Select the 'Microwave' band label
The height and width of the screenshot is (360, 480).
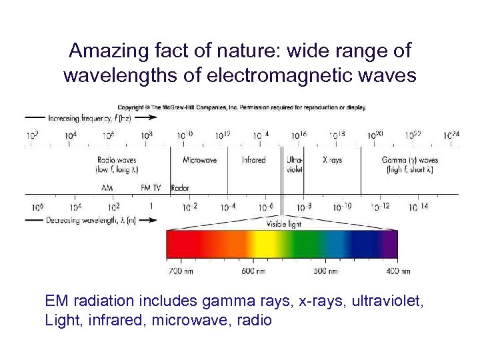201,160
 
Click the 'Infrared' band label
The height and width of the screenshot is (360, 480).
253,160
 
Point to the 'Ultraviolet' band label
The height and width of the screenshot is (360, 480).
295,165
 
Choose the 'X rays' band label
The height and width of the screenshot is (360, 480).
332,160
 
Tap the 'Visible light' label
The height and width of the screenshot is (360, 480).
284,224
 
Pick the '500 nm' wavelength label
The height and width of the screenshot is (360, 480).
325,271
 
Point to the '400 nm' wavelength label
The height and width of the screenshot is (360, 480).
398,271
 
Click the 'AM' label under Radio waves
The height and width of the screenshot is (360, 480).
107,188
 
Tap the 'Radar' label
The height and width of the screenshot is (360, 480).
180,188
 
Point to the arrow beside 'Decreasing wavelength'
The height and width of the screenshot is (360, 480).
37,220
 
